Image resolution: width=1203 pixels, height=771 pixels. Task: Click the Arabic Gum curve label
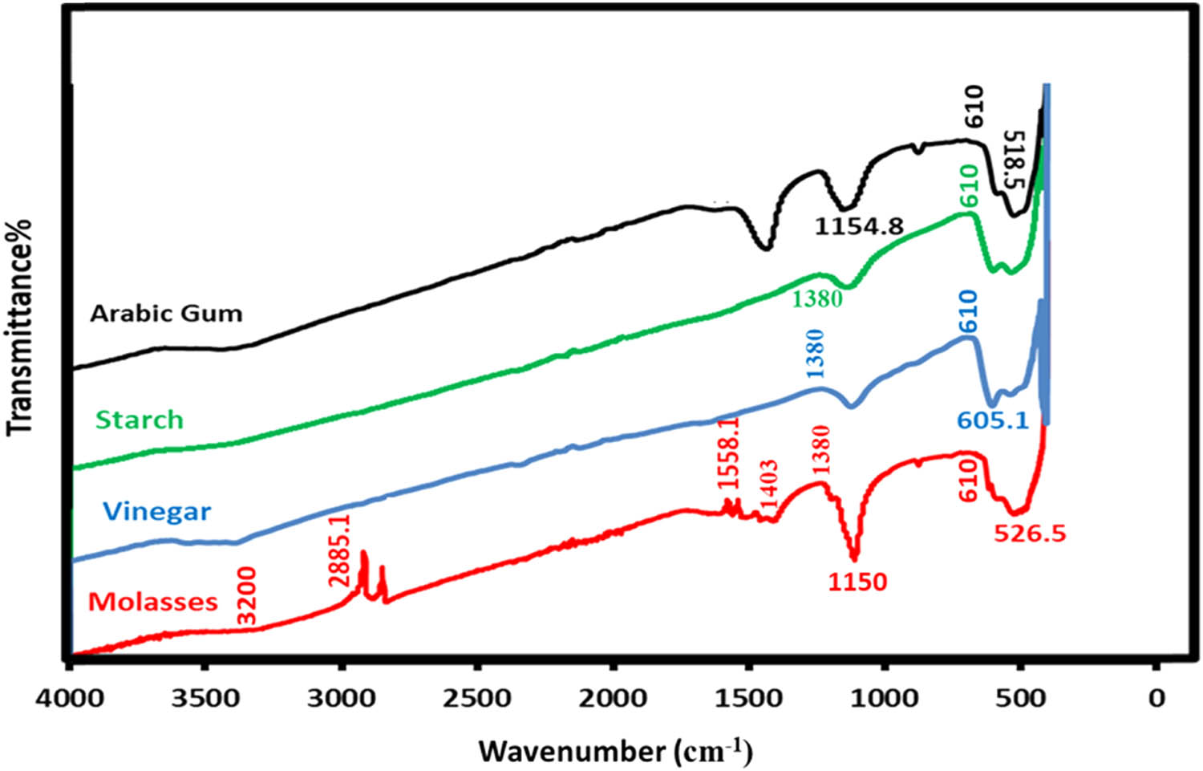point(166,313)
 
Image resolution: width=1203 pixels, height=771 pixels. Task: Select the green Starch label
point(139,420)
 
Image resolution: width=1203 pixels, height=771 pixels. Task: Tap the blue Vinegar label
point(157,511)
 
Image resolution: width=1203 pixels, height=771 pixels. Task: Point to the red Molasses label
point(152,602)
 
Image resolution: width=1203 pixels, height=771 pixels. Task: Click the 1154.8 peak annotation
point(859,227)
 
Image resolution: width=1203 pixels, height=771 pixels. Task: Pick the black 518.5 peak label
point(1014,160)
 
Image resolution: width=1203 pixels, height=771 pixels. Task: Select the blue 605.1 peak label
point(992,420)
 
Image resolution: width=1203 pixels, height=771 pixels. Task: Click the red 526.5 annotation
point(1030,533)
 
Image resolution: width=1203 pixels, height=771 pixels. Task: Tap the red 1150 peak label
point(857,582)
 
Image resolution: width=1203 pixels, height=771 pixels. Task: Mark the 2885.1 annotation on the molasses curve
point(339,551)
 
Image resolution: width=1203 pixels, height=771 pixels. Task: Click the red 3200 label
point(246,595)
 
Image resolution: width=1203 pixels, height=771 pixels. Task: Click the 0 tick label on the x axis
point(1156,699)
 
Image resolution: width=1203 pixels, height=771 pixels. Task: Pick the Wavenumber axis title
point(615,752)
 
